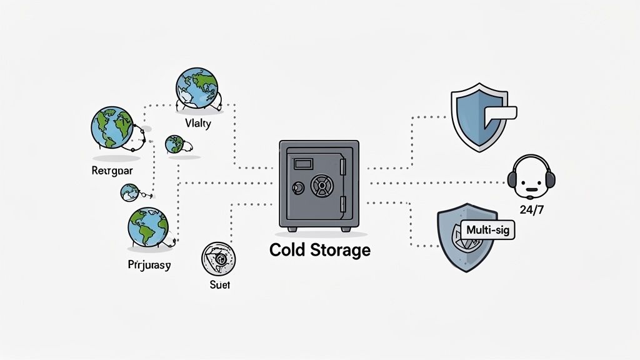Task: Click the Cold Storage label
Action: [x=319, y=250]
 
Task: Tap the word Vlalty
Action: [x=199, y=123]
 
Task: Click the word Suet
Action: [x=220, y=285]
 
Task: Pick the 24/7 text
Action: [x=531, y=209]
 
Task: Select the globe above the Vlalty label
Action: [x=196, y=88]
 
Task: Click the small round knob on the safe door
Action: [x=297, y=187]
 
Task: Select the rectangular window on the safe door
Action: [x=304, y=164]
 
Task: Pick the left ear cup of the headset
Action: [x=512, y=180]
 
